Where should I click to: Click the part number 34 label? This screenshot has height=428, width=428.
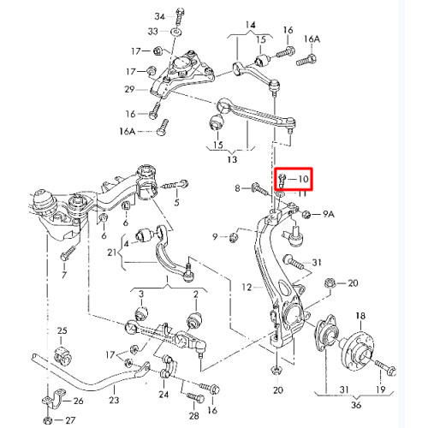point(160,16)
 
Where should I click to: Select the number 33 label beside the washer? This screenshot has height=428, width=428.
point(153,31)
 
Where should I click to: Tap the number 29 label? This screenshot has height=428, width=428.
point(129,89)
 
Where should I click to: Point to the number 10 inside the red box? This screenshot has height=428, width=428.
point(303,179)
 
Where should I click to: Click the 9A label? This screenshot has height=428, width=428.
point(329,214)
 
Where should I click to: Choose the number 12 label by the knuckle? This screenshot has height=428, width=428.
point(247,287)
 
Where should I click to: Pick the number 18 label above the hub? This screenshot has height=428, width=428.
point(360,316)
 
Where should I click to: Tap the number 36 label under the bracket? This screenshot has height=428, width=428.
point(356,405)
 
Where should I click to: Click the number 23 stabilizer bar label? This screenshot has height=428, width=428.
point(114,400)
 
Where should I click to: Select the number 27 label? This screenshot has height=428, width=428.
point(70,420)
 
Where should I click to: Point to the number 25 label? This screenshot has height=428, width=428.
point(62,330)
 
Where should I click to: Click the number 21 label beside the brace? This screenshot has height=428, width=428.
point(112,253)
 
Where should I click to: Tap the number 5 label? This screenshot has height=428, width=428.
point(177,202)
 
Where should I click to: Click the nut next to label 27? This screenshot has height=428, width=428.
point(48,420)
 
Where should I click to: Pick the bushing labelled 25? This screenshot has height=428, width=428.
point(63,354)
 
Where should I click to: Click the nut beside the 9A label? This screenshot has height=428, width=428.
point(306,214)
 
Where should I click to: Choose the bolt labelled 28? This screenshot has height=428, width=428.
point(195,397)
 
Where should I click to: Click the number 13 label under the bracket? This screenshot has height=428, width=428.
point(232,159)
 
